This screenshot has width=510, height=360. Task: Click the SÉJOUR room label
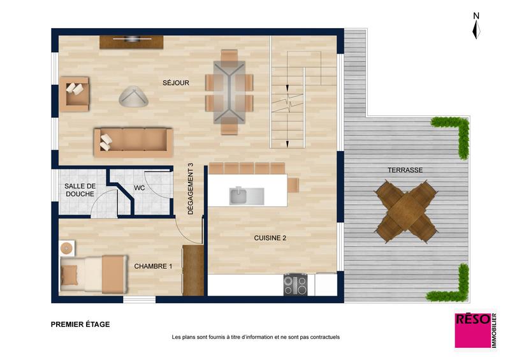pyautogui.click(x=175, y=82)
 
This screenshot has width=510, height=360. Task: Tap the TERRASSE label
pyautogui.click(x=405, y=170)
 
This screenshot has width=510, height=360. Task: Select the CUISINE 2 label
pyautogui.click(x=270, y=238)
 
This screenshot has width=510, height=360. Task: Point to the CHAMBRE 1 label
pyautogui.click(x=153, y=266)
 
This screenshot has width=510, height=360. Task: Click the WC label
pyautogui.click(x=140, y=188)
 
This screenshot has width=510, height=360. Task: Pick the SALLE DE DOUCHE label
pyautogui.click(x=80, y=190)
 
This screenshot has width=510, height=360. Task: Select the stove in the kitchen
pyautogui.click(x=295, y=284)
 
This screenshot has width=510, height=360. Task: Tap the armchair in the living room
pyautogui.click(x=74, y=94)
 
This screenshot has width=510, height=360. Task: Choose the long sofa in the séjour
pyautogui.click(x=133, y=141)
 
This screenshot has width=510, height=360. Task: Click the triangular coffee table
pyautogui.click(x=133, y=97)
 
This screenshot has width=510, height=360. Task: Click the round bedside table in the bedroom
pyautogui.click(x=66, y=247)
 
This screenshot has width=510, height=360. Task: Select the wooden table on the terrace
pyautogui.click(x=406, y=211)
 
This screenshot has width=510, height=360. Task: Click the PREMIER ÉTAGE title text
pyautogui.click(x=80, y=324)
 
